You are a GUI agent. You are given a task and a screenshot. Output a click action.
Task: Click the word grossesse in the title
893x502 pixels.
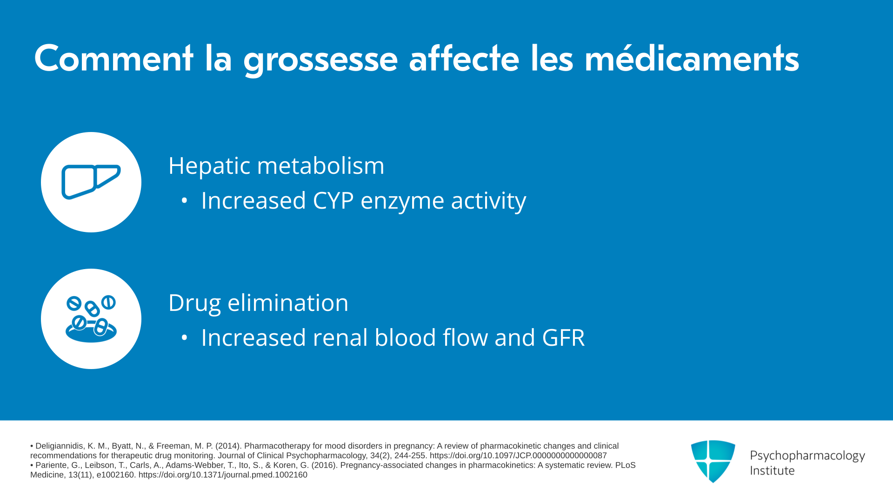320,59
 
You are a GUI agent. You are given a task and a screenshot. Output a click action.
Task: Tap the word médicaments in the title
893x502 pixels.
692,58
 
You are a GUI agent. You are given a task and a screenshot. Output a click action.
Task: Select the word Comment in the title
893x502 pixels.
113,58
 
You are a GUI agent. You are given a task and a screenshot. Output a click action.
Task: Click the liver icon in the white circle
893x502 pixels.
91,182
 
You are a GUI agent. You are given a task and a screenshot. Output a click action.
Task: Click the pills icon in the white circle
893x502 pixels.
91,319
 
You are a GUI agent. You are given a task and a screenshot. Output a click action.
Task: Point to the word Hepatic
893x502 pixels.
210,166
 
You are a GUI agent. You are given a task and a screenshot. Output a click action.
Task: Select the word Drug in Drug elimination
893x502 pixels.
194,304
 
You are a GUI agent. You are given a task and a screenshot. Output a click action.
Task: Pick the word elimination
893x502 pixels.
288,303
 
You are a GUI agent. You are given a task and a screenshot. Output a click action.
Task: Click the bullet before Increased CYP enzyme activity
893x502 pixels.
184,201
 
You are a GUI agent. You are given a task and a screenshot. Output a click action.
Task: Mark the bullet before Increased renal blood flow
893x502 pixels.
184,338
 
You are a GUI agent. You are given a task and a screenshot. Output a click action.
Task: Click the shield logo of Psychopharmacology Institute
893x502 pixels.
713,461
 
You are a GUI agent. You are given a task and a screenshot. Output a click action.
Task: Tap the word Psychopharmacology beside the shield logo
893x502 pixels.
807,456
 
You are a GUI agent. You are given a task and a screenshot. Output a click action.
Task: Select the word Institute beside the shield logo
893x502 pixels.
772,471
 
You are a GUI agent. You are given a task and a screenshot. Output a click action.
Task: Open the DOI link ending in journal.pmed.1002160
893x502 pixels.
223,475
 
